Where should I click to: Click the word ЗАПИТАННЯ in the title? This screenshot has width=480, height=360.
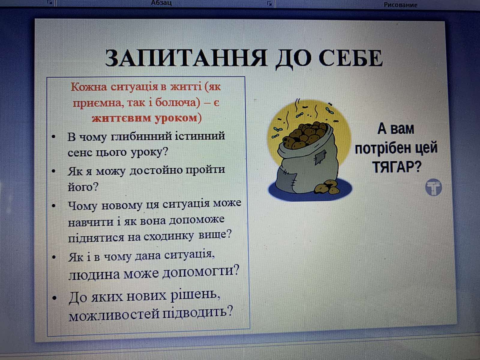pyautogui.click(x=186, y=58)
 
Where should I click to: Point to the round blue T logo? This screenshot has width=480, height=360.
pyautogui.click(x=433, y=187)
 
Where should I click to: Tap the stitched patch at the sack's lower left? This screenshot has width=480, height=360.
pyautogui.click(x=287, y=178)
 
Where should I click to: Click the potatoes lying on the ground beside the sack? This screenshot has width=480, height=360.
pyautogui.click(x=327, y=187)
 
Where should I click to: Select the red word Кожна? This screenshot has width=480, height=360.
pyautogui.click(x=89, y=87)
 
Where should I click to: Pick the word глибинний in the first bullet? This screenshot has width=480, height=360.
pyautogui.click(x=141, y=137)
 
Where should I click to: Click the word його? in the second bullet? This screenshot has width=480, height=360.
pyautogui.click(x=83, y=187)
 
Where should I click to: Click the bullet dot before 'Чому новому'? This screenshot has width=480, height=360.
pyautogui.click(x=54, y=205)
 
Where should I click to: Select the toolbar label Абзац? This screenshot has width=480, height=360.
pyautogui.click(x=161, y=3)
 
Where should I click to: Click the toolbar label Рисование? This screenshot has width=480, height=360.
pyautogui.click(x=400, y=5)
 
